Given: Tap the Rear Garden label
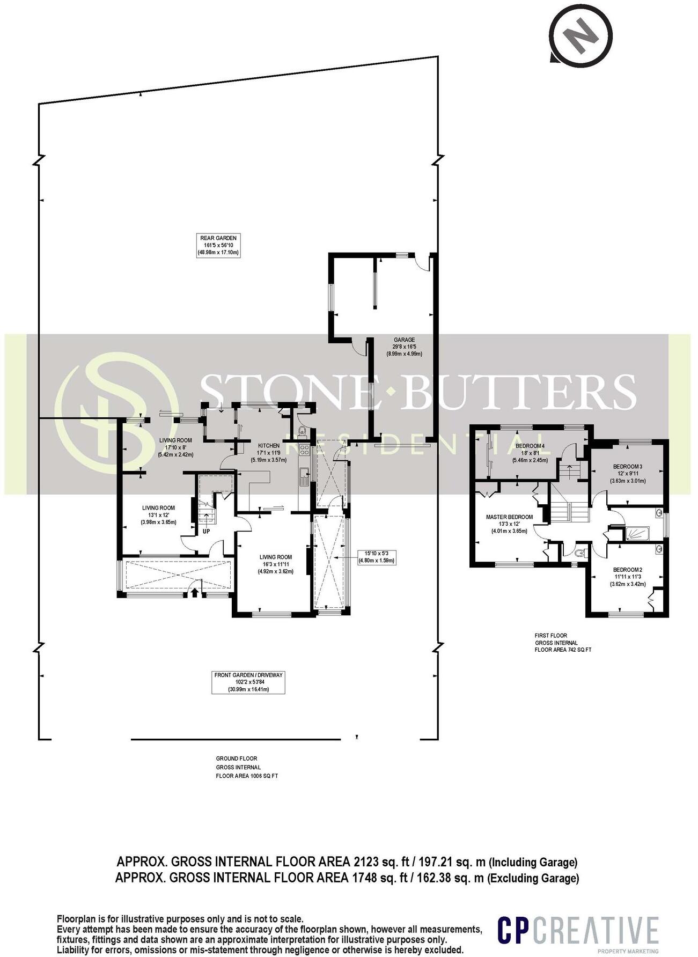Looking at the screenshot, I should (x=218, y=245).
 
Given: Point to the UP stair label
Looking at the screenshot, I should (x=205, y=532).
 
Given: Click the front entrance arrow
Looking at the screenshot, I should (x=194, y=592).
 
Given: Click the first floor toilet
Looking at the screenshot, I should (x=578, y=553).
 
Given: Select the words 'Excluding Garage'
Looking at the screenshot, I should (x=533, y=878).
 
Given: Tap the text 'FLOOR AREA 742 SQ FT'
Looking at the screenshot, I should (x=563, y=649).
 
